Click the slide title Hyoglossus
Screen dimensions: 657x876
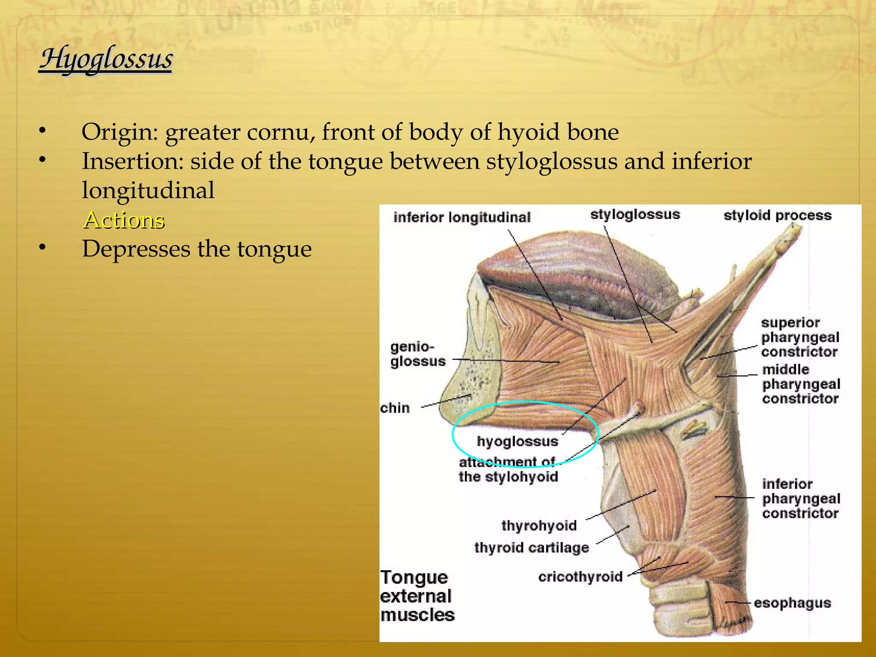point(106,59)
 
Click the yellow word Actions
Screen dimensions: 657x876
point(124,220)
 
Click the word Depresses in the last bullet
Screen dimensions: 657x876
point(136,249)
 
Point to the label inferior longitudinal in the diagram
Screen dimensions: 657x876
point(462,217)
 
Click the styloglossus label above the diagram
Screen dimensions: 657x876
point(635,214)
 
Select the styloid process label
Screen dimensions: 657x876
point(777,215)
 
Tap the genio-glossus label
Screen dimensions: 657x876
point(417,354)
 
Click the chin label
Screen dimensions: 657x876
point(395,408)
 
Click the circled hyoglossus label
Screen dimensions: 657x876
point(517,441)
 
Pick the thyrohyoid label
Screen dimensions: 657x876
point(539,525)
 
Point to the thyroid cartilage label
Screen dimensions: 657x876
point(531,547)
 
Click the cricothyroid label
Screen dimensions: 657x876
point(580,577)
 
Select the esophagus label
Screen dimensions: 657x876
point(792,603)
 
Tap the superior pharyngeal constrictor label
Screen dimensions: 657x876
point(800,337)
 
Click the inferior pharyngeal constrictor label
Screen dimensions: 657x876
point(801,499)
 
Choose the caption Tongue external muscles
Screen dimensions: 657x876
point(417,596)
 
